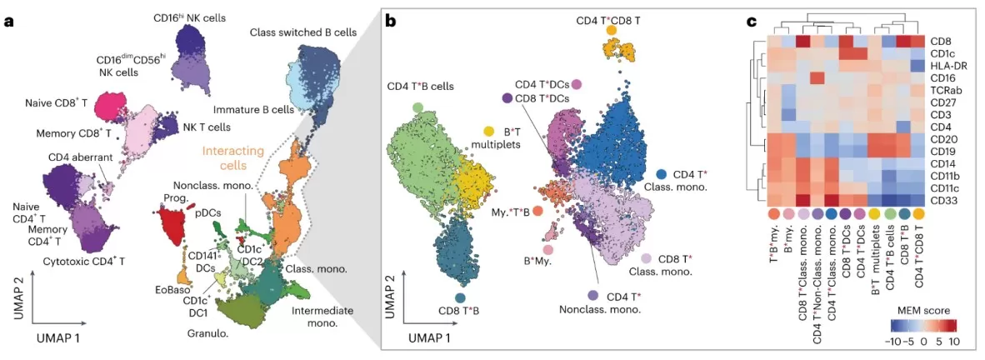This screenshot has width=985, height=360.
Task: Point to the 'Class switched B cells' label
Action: [x=303, y=32]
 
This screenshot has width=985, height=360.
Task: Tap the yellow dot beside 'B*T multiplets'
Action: [x=489, y=132]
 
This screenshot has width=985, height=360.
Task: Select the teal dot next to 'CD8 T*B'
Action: [x=461, y=297]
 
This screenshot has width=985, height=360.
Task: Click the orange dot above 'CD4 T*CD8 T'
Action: [x=612, y=30]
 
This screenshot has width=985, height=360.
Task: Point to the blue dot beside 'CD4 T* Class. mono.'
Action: [x=661, y=174]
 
